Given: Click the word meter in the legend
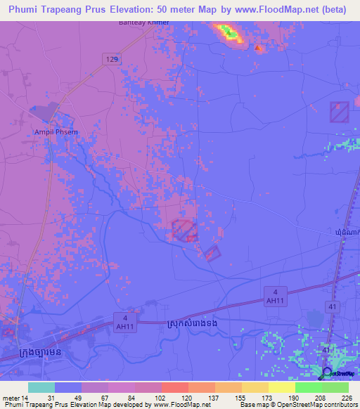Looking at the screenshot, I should click(10, 397).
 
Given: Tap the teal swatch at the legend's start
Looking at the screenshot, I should click(41, 387).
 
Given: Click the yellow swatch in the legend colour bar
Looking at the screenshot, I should click(282, 387).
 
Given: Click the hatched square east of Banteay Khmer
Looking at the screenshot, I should click(340, 112).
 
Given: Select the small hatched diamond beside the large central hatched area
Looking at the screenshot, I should click(213, 253).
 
